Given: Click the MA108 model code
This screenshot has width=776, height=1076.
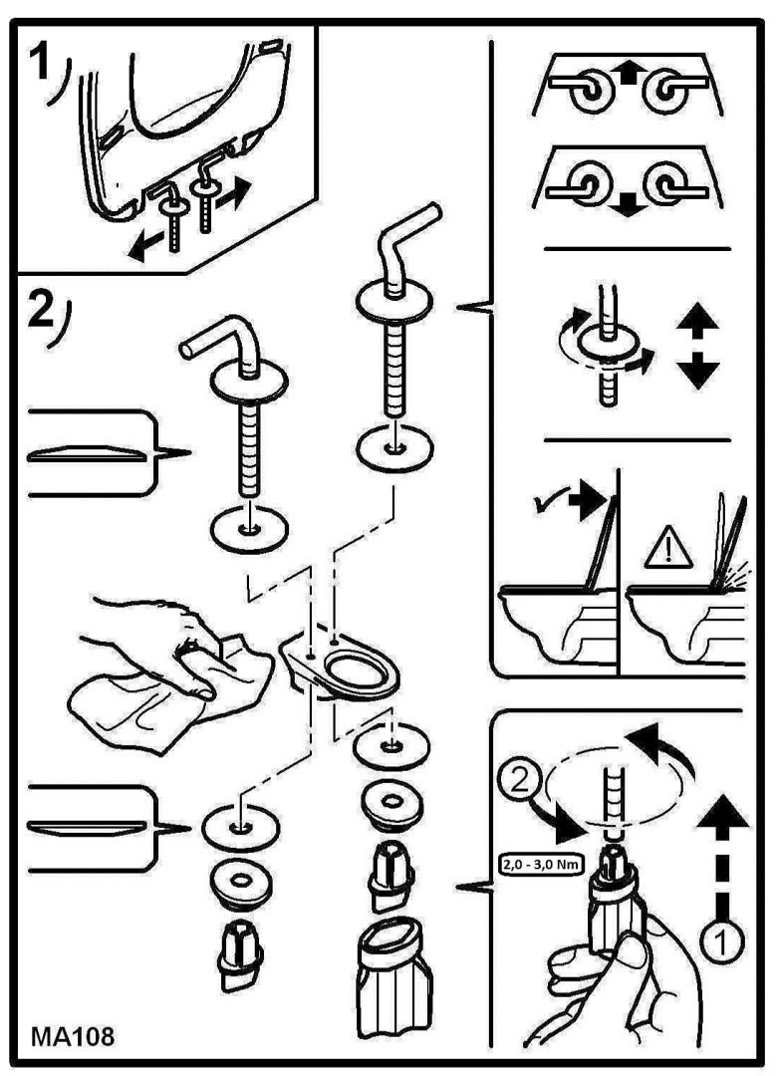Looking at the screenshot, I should pos(73,1036).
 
